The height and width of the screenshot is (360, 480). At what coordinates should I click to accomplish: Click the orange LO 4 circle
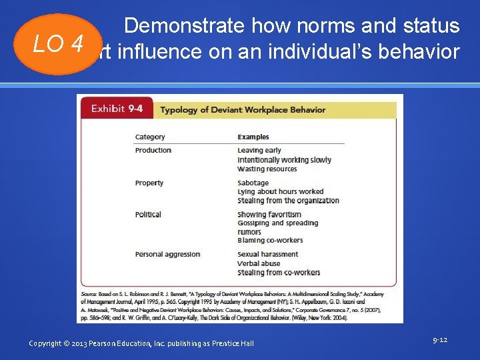tap(59, 44)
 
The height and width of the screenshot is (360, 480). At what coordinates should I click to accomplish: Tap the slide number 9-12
tap(439, 340)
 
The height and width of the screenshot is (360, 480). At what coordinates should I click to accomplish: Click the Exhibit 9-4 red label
tap(117, 109)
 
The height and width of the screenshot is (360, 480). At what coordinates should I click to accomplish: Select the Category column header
tap(150, 137)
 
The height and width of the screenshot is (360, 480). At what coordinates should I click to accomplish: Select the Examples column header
tap(253, 137)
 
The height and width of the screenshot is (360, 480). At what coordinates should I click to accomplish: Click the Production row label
tap(153, 150)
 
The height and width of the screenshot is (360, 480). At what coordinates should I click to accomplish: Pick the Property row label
tap(149, 183)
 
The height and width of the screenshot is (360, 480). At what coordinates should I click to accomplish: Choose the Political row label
tap(148, 215)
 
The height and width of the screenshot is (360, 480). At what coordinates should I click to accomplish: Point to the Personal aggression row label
tap(167, 254)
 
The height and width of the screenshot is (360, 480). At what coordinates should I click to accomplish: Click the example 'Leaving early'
tap(259, 151)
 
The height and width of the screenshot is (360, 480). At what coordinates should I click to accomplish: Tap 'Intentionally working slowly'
tap(284, 160)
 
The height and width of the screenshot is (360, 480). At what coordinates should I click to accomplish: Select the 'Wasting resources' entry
tap(267, 169)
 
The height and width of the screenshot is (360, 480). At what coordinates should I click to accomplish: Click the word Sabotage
tap(253, 183)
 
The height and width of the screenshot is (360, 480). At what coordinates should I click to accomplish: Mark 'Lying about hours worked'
tap(280, 191)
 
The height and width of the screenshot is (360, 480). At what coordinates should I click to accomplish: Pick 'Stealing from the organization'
tap(288, 201)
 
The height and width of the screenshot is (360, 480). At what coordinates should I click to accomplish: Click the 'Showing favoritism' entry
tap(269, 215)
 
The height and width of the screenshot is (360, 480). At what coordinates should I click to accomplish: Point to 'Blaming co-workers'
tap(270, 241)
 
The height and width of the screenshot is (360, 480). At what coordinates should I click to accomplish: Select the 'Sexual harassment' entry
tap(267, 254)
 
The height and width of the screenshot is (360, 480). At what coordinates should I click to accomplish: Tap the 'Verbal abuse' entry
tap(259, 263)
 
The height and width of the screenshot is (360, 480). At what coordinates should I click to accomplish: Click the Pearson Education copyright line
tap(141, 343)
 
